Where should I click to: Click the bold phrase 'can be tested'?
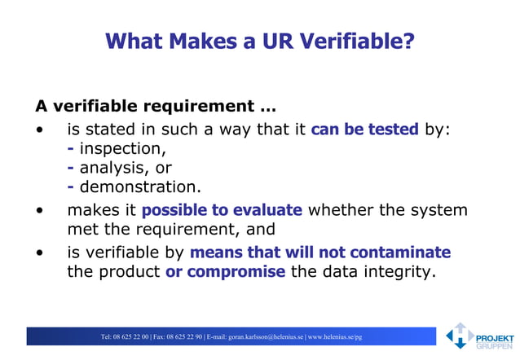(x=364, y=129)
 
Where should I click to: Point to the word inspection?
(x=121, y=148)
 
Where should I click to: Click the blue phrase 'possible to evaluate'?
(x=222, y=210)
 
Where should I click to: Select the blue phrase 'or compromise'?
(x=225, y=271)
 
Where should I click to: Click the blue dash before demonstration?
(x=71, y=187)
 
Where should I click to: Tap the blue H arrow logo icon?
(x=460, y=335)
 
